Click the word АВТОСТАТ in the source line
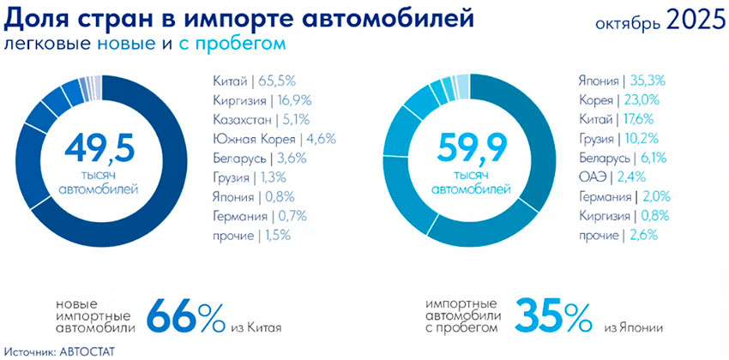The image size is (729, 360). pos(86,351)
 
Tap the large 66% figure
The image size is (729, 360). pos(184,316)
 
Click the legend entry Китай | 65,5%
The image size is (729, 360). pos(254,81)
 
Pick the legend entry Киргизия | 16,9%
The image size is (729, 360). pos(259,100)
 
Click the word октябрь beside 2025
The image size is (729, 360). pos(624,25)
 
